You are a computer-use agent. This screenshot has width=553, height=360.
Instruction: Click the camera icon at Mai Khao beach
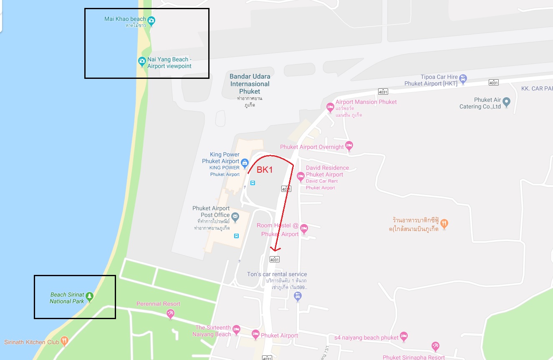(x=152, y=20)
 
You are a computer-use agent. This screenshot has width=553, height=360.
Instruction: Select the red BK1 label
(x=265, y=170)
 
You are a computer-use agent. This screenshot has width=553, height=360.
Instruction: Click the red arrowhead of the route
(x=274, y=249)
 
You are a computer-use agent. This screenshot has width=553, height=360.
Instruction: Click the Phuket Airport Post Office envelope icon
(x=235, y=216)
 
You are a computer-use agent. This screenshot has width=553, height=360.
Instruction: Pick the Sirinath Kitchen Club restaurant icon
(x=64, y=342)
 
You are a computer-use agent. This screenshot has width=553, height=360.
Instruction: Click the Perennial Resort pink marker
(x=170, y=313)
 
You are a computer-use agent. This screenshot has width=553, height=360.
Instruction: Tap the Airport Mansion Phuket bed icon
(x=330, y=107)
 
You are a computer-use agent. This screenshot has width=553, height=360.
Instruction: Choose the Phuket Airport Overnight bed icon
(x=349, y=146)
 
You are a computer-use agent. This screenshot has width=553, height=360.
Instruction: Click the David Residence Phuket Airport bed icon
(x=300, y=177)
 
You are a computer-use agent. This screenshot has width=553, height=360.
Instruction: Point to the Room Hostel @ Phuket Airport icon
(x=304, y=228)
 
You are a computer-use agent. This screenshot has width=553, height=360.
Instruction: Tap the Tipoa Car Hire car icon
(x=463, y=78)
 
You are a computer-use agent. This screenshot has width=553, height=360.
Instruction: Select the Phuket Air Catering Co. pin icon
(x=506, y=101)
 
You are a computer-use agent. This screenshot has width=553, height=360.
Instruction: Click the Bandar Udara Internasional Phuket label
(x=250, y=84)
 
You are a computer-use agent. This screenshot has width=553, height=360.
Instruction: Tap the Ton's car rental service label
(x=277, y=274)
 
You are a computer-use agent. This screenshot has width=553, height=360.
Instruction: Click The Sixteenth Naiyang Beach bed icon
(x=236, y=329)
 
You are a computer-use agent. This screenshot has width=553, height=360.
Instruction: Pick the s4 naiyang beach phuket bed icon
(x=403, y=336)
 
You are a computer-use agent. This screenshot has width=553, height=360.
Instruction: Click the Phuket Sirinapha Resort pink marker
(x=436, y=346)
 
